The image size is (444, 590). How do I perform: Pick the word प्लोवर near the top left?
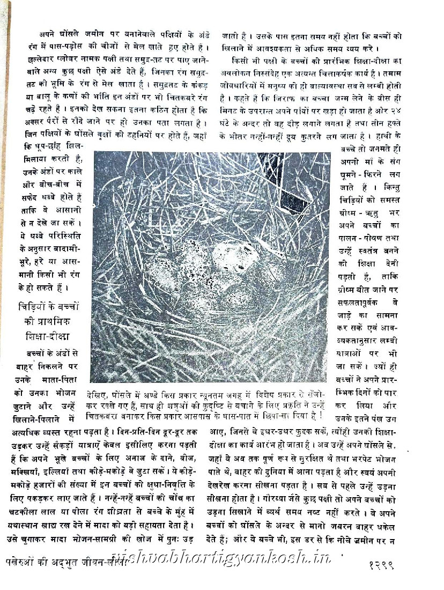pos(64,56)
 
